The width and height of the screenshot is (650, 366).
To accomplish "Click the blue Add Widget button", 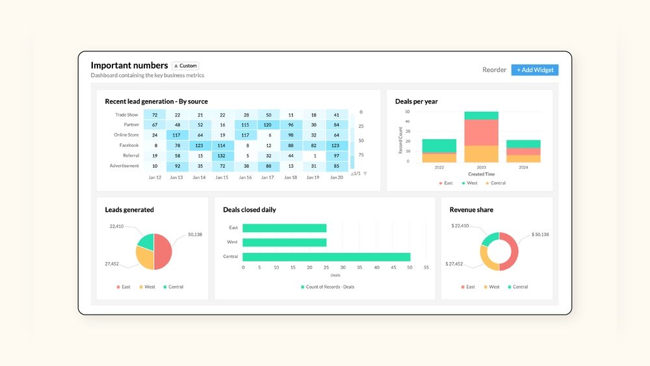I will [x=534, y=70].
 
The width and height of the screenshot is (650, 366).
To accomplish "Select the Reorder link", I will [x=494, y=70].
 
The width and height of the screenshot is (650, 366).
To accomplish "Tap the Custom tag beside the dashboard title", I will [x=185, y=66].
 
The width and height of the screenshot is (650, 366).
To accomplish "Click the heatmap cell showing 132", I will [x=222, y=155].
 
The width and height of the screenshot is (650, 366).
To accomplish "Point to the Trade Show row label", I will [x=127, y=114].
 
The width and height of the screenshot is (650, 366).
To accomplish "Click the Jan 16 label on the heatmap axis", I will [x=245, y=177].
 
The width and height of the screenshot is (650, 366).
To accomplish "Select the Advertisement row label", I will [x=123, y=166].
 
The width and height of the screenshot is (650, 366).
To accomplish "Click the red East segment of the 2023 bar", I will [x=481, y=133].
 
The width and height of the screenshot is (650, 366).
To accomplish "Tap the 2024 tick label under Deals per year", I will [x=523, y=168].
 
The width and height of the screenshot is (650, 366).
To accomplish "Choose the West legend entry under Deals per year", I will [x=471, y=183].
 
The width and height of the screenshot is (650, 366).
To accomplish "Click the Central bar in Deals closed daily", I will [x=326, y=257].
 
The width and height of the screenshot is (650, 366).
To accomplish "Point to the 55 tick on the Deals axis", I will [x=426, y=267].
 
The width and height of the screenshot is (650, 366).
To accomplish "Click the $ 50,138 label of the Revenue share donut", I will [x=540, y=234].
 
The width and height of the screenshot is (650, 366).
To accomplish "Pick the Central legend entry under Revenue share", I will [x=519, y=287].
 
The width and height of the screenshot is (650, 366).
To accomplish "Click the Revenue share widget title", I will [x=471, y=210].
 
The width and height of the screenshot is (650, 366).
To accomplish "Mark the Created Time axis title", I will [x=481, y=174].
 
